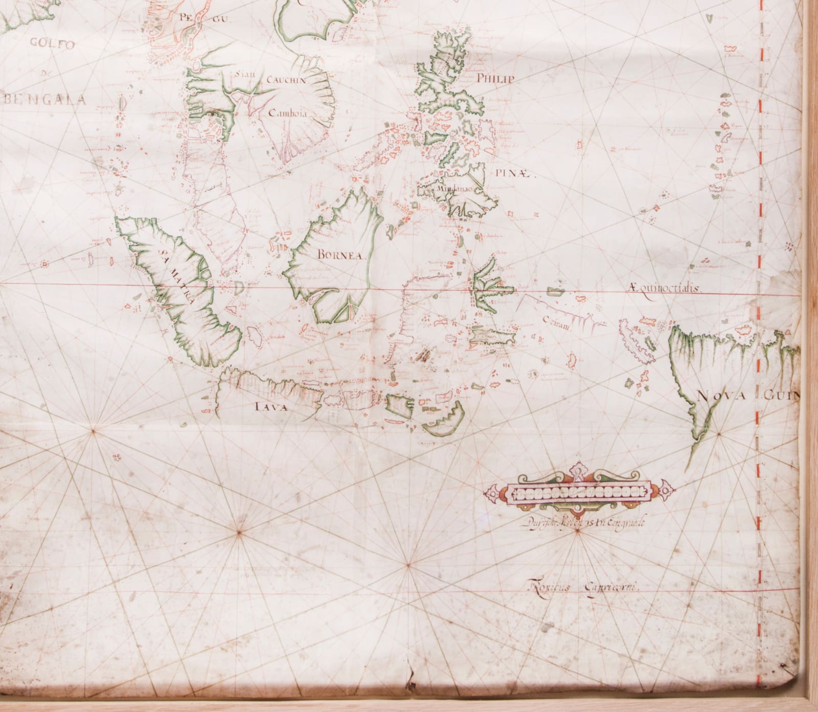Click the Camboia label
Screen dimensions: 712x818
(x=287, y=114)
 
